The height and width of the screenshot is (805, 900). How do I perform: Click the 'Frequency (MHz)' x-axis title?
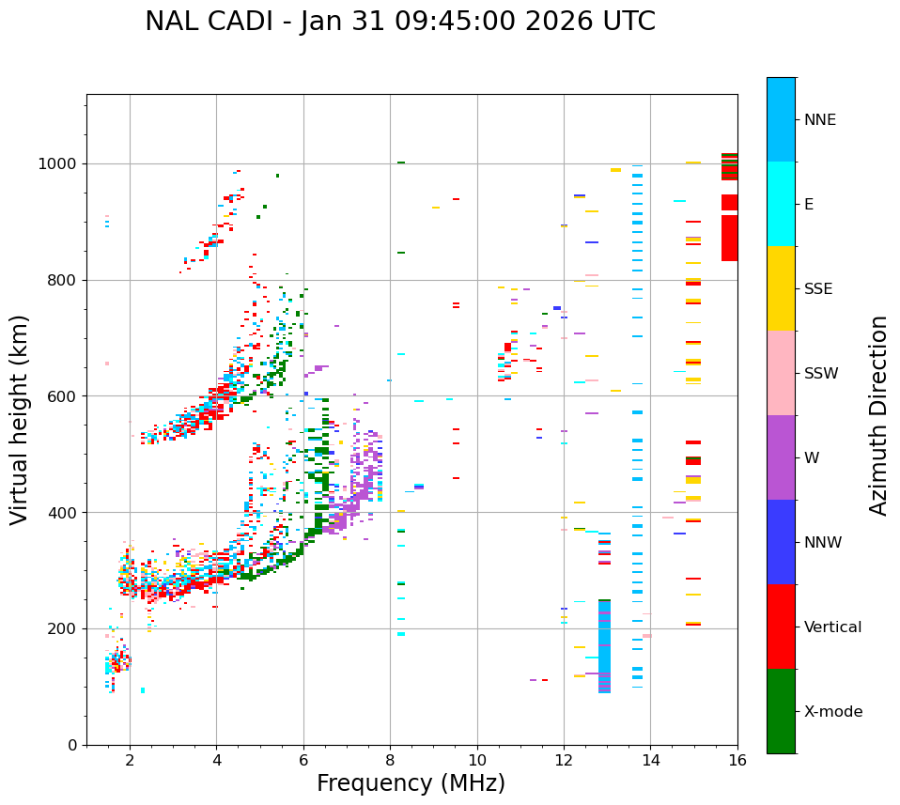click(x=411, y=783)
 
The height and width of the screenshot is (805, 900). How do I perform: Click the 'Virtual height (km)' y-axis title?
click(x=20, y=419)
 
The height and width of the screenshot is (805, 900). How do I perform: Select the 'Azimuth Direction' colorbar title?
click(x=878, y=415)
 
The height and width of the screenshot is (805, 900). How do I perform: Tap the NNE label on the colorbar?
click(x=819, y=120)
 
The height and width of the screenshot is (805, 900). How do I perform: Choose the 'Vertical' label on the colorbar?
click(x=832, y=627)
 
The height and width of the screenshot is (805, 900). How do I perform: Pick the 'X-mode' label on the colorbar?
click(x=833, y=712)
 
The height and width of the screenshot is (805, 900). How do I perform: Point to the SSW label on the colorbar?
click(x=821, y=374)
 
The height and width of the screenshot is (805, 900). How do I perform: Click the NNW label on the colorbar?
click(x=823, y=543)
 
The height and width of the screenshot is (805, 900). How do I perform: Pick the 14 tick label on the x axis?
click(x=651, y=761)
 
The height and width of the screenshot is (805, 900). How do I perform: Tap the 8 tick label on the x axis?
click(x=390, y=761)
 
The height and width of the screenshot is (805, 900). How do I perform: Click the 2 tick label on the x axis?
click(x=130, y=761)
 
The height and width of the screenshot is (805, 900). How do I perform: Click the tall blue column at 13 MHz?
click(x=604, y=648)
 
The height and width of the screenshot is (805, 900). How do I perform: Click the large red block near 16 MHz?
click(x=729, y=238)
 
